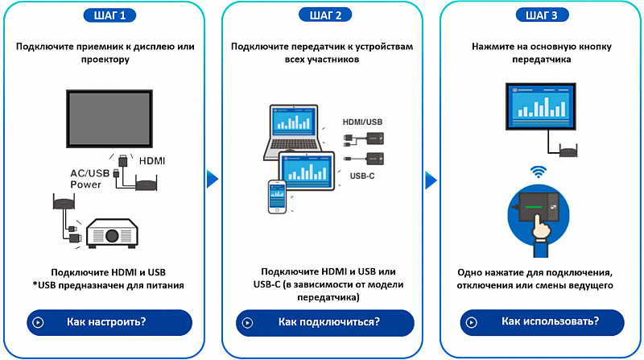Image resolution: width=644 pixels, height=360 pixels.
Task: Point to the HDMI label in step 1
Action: tap(152, 161)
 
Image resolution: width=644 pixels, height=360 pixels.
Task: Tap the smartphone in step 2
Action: tap(277, 196)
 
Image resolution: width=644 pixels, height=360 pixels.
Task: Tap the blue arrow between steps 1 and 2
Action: tap(213, 179)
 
